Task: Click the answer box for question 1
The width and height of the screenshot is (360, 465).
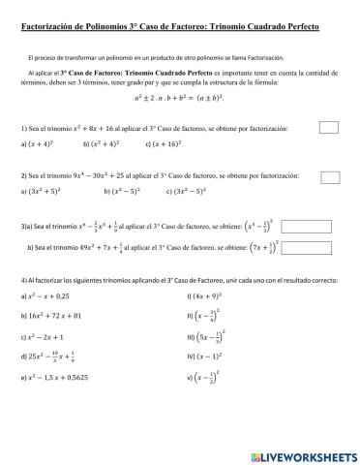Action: point(329,126)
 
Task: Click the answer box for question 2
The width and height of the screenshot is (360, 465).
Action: point(329,177)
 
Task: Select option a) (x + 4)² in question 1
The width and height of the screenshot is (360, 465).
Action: point(45,143)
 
